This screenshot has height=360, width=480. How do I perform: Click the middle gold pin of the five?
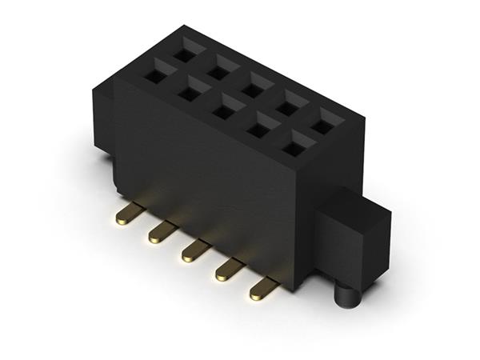click(194, 252)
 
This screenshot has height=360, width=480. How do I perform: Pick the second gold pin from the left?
click(161, 233)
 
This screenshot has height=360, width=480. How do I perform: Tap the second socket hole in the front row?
click(189, 94)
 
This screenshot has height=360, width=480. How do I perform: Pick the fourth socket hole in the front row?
click(260, 130)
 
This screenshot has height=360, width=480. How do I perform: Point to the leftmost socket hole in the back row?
click(184, 54)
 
